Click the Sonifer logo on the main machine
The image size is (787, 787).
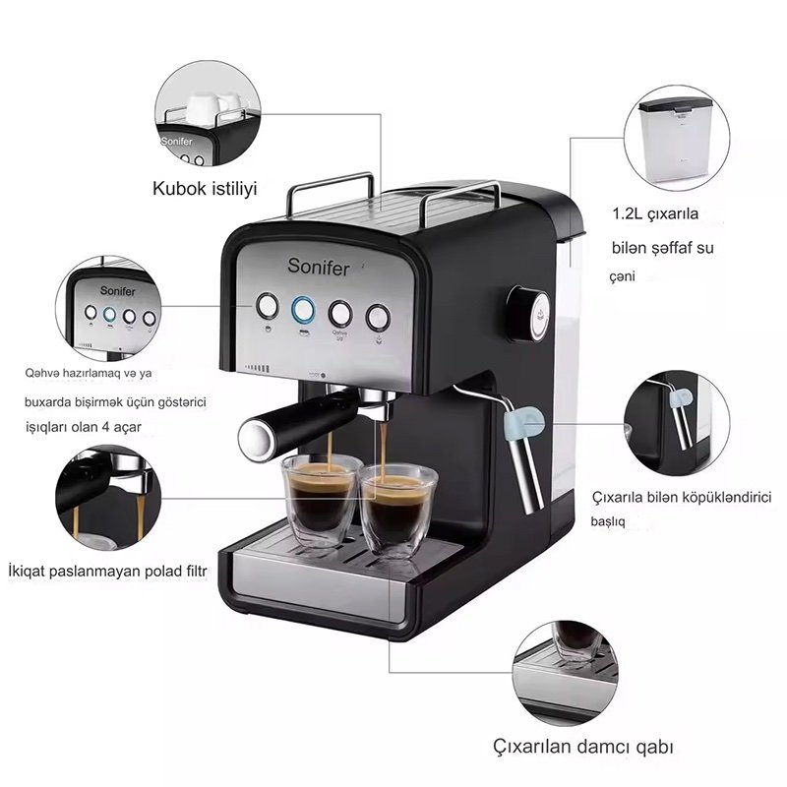point(318,267)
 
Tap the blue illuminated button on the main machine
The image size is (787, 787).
point(304,310)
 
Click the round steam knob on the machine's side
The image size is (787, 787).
point(528,314)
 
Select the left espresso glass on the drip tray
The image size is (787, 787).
point(321,500)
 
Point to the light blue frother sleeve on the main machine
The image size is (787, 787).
point(524,424)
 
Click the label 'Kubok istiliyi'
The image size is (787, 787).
point(205,189)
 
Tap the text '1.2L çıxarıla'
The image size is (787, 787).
point(655,214)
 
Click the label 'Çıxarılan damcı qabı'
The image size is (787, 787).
point(582,747)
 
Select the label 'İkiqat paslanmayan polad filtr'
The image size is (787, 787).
point(107,572)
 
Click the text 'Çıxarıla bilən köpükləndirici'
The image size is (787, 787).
point(682,498)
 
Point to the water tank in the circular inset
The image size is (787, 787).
point(677,139)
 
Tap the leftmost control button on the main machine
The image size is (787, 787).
point(268,306)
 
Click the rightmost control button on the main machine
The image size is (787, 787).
point(378,317)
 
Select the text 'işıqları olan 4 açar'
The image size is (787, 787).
point(84,427)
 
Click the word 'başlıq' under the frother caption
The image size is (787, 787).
point(608,522)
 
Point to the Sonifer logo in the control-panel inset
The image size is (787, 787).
point(117,291)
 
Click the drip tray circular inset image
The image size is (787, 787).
point(566,673)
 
